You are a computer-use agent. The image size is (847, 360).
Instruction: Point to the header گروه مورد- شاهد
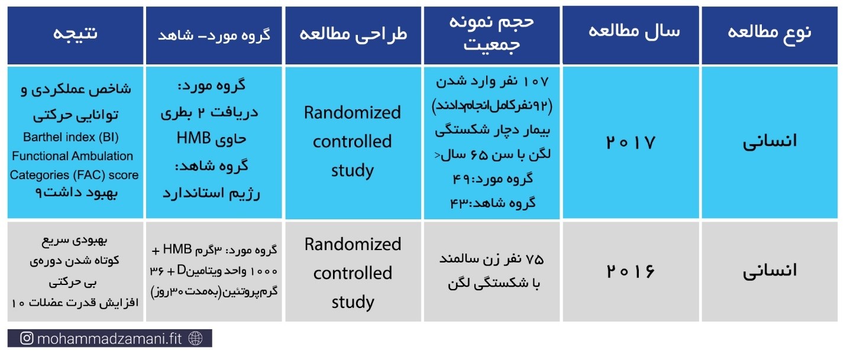click(x=214, y=35)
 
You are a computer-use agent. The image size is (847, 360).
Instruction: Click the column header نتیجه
click(x=75, y=33)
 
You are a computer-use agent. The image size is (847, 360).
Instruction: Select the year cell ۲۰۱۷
click(x=631, y=143)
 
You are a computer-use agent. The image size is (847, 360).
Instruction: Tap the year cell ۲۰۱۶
click(x=631, y=271)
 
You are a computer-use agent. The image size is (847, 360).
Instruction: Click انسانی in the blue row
click(x=770, y=142)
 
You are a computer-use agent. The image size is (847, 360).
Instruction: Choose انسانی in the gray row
click(x=770, y=271)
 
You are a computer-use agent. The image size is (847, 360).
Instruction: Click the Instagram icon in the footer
click(x=27, y=338)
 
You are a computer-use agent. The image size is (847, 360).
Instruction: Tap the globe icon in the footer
click(x=196, y=339)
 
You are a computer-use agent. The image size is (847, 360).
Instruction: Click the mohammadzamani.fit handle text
click(x=109, y=339)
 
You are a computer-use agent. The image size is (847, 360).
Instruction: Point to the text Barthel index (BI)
click(x=71, y=137)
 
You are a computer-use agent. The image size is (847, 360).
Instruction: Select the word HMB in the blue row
click(x=193, y=138)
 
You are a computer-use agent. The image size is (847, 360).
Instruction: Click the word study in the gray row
click(x=353, y=302)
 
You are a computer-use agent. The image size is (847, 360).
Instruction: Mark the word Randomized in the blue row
click(x=353, y=112)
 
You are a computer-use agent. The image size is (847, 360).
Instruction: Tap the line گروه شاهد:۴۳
click(x=493, y=203)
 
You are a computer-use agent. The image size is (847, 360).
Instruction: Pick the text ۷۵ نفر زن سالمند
click(x=492, y=259)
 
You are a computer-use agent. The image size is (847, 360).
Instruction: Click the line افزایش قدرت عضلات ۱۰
click(x=75, y=303)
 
